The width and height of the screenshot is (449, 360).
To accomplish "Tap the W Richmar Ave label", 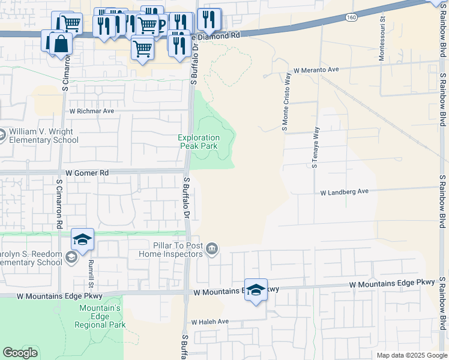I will pyautogui.click(x=91, y=111).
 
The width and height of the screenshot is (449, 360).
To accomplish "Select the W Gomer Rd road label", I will pyautogui.click(x=87, y=173).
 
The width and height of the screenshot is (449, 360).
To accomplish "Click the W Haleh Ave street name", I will pyautogui.click(x=210, y=322).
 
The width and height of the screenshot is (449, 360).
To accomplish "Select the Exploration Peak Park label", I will pyautogui.click(x=199, y=142).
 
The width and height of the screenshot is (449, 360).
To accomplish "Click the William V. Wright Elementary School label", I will pyautogui.click(x=43, y=136).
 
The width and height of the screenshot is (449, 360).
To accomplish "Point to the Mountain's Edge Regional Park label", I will pyautogui.click(x=100, y=316).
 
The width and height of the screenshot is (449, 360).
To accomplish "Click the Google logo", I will pyautogui.click(x=20, y=353).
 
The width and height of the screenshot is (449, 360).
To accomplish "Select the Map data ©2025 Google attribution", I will pyautogui.click(x=412, y=355).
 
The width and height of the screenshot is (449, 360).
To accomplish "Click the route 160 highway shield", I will pyautogui.click(x=352, y=18).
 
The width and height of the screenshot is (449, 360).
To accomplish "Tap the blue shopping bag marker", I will pyautogui.click(x=61, y=44).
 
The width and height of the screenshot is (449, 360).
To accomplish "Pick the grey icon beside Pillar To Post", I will pyautogui.click(x=212, y=248).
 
